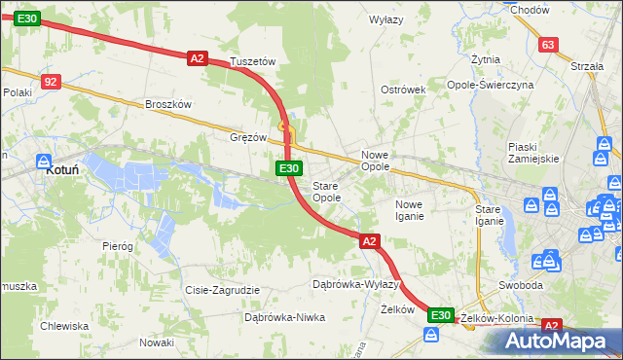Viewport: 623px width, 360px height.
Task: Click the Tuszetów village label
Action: (254, 61)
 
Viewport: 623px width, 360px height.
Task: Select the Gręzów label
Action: (247, 137)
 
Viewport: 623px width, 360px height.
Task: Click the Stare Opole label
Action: (326, 191)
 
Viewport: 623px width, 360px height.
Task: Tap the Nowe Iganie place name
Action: (409, 209)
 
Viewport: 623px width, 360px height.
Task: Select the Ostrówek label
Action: (404, 90)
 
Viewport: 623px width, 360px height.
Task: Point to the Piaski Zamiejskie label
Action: (532, 152)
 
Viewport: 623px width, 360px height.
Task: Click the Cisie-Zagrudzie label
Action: (222, 290)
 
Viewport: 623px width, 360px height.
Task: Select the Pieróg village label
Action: (118, 246)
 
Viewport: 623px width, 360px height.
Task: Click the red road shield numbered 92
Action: (52, 82)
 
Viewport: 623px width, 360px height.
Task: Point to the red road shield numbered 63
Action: (548, 45)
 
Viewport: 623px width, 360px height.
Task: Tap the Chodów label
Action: (530, 10)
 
